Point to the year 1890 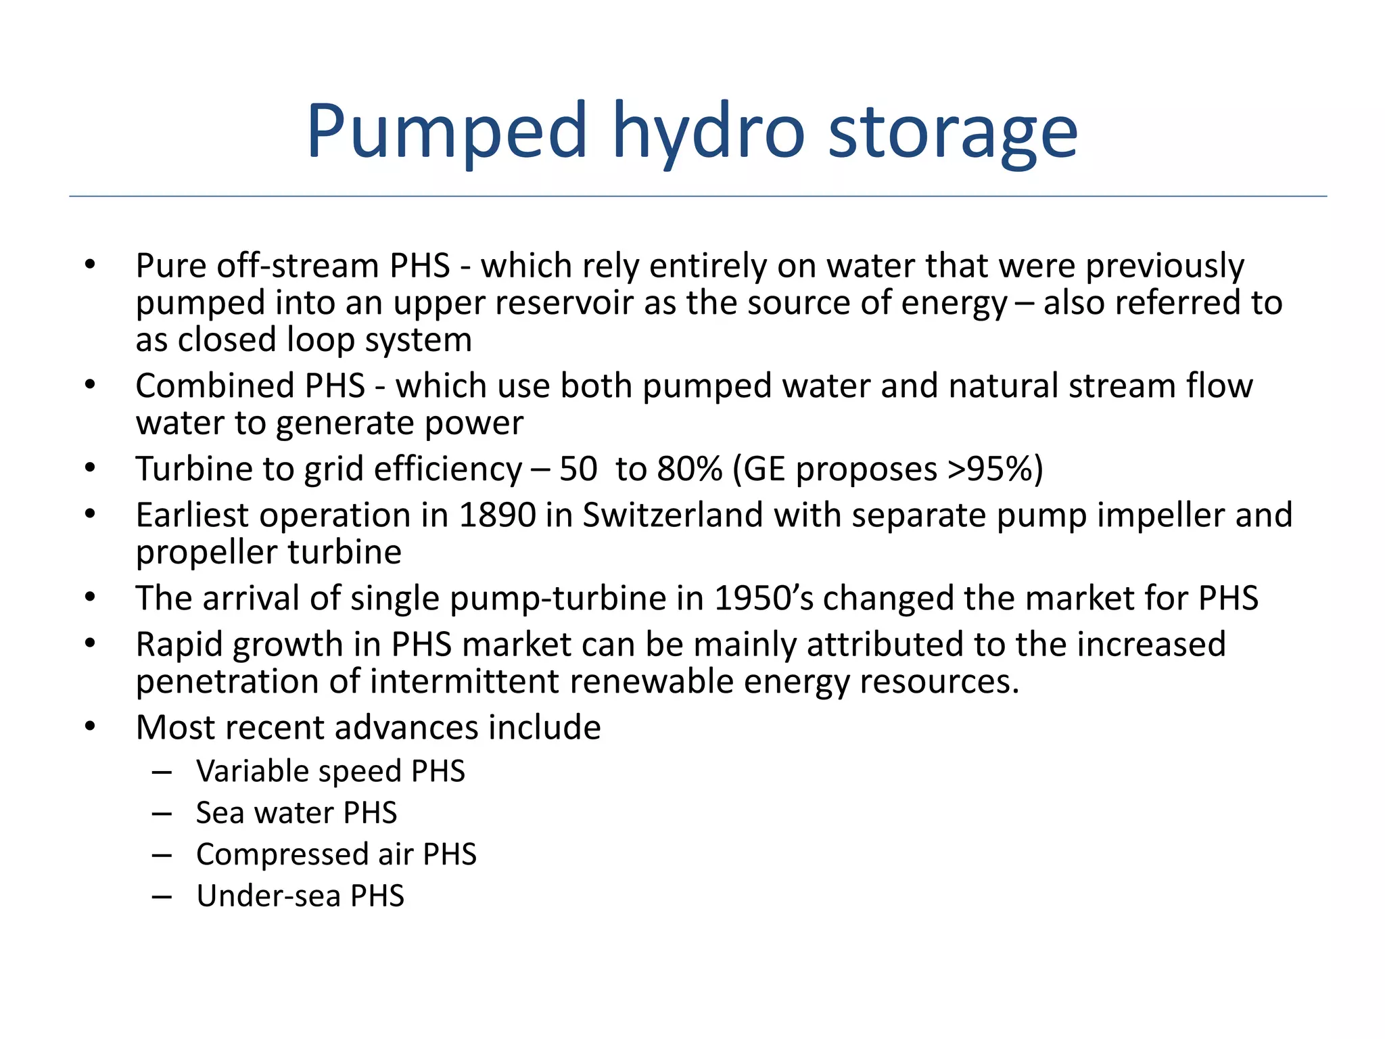pos(497,515)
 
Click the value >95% pos(988,469)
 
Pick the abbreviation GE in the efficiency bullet pos(765,469)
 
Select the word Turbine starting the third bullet pos(193,469)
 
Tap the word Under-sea pos(268,896)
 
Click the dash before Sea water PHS pos(162,813)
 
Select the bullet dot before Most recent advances pos(91,728)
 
